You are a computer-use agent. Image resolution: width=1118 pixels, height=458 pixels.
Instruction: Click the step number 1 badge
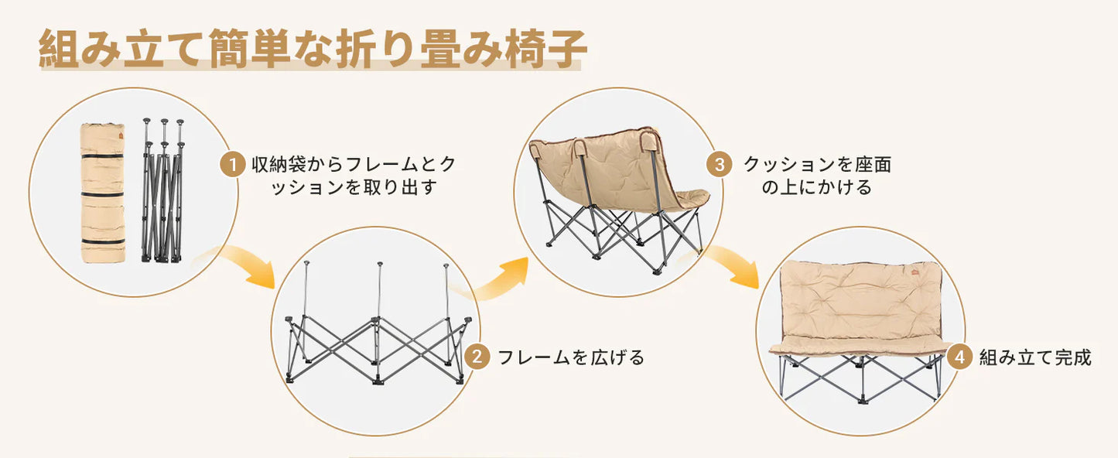(231, 165)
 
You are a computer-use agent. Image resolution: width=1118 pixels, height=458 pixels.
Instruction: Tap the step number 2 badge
(477, 357)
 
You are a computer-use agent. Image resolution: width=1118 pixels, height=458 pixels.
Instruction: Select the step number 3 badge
(719, 165)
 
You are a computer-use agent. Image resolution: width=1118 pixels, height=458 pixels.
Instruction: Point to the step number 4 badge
(959, 357)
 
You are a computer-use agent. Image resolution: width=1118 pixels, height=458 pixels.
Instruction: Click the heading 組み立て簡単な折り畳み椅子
(313, 50)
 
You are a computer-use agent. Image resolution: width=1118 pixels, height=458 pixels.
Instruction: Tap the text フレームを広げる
(571, 357)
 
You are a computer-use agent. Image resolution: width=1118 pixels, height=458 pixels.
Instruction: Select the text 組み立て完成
(1035, 357)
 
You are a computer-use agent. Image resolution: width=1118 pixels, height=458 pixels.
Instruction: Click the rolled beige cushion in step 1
(103, 191)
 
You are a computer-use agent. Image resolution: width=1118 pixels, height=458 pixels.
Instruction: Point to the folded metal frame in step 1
(162, 191)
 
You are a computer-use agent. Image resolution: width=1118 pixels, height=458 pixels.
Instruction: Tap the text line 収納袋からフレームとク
(354, 165)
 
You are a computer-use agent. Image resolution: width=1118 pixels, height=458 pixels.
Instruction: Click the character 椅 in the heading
(524, 50)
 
